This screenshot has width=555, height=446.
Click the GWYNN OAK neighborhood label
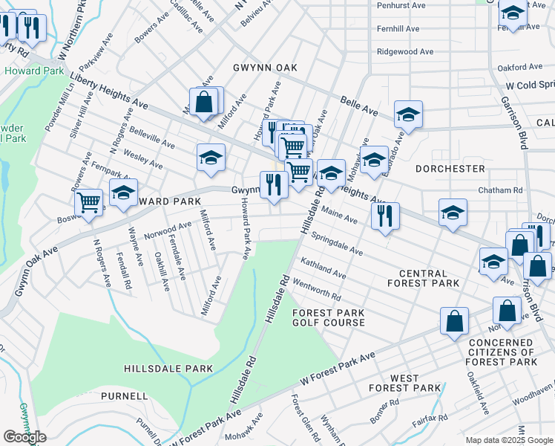pos(264,68)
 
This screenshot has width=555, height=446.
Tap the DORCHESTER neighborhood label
pos(450,169)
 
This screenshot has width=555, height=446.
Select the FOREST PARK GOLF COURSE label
pos(328,317)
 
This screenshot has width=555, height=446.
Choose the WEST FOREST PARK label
pos(404,383)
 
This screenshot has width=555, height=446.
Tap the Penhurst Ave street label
pos(401,5)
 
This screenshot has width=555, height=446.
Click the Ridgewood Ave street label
pos(404,52)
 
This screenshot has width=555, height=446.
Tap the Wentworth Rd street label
pos(317,289)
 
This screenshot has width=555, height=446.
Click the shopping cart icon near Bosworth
pos(89,201)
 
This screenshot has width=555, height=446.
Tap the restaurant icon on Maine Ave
pos(385,216)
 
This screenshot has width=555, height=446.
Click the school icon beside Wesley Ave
pos(211,157)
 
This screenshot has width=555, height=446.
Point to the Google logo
pos(24,437)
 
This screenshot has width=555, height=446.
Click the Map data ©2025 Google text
pos(509,440)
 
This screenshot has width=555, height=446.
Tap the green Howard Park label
pos(26,71)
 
